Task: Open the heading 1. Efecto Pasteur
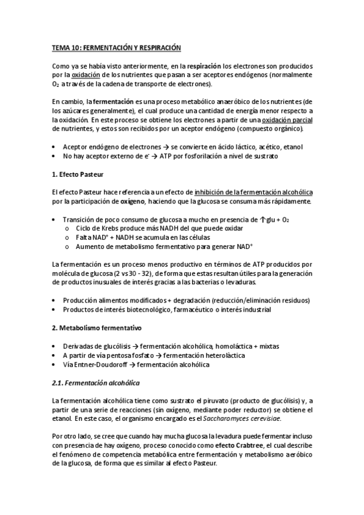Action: [x=79, y=174]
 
